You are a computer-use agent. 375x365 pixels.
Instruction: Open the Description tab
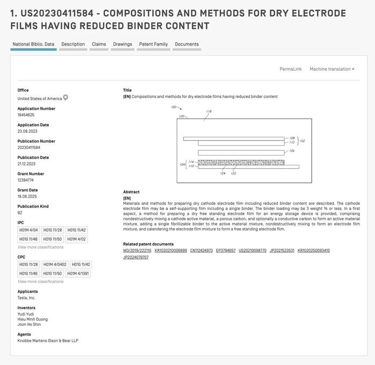(73, 44)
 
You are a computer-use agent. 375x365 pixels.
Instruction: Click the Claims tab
(99, 44)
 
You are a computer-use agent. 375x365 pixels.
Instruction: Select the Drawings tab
(123, 44)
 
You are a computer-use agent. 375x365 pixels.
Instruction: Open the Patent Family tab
(153, 44)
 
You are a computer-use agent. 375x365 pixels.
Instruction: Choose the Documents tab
(186, 44)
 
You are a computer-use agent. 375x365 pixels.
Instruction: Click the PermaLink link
(290, 69)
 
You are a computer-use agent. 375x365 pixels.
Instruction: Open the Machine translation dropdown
(332, 69)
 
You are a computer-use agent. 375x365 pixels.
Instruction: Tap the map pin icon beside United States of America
(66, 98)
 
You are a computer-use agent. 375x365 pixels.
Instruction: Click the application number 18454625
(26, 115)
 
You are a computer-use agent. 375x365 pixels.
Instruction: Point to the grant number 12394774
(26, 180)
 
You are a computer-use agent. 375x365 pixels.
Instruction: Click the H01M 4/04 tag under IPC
(28, 230)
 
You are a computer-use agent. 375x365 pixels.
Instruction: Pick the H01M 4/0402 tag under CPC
(55, 264)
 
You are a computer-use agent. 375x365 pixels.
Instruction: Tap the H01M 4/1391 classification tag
(78, 273)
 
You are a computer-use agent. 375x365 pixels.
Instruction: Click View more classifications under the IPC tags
(40, 247)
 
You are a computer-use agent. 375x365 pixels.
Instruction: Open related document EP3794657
(226, 250)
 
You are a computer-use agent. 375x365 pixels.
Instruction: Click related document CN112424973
(201, 250)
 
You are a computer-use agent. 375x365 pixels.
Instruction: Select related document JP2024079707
(136, 257)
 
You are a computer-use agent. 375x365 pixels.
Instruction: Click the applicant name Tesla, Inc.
(26, 297)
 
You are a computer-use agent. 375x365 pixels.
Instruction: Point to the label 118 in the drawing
(209, 111)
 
